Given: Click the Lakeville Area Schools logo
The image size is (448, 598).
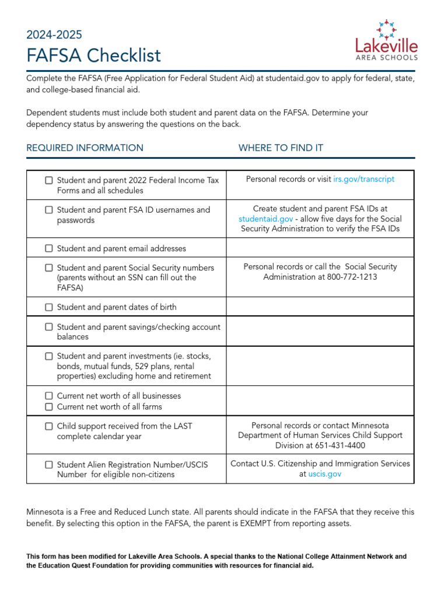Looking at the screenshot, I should [x=387, y=40].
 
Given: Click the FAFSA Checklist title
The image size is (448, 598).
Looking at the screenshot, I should [x=93, y=55].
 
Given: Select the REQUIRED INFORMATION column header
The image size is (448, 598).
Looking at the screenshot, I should [x=85, y=148].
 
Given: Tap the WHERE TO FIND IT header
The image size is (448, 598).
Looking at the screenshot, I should [x=281, y=148].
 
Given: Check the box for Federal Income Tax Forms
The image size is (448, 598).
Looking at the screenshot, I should [x=49, y=180].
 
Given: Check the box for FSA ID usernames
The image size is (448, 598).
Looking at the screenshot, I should [x=49, y=210].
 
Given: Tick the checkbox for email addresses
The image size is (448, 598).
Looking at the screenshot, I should [x=49, y=249].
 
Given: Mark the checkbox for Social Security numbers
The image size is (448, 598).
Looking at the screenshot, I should [x=49, y=268].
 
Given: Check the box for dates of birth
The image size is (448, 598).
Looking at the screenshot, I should [x=49, y=307].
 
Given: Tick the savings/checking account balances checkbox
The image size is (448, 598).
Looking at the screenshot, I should [x=49, y=327].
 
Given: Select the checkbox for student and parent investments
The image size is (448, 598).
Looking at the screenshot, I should [x=49, y=356].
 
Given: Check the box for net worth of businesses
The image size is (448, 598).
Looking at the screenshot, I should [x=49, y=396].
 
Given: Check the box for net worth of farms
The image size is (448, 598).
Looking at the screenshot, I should [x=49, y=407].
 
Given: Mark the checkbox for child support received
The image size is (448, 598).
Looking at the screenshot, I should [x=49, y=426].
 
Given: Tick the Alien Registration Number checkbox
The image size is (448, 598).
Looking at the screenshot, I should [x=49, y=465].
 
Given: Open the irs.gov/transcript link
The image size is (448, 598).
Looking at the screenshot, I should [x=363, y=179].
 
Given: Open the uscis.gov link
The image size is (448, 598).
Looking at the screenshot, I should [x=324, y=474].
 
